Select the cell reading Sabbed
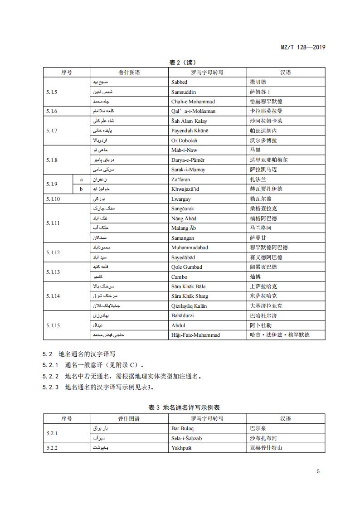click(179, 82)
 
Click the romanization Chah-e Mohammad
click(193, 102)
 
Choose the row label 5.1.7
click(52, 131)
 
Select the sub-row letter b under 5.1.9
click(81, 189)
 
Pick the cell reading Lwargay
click(181, 199)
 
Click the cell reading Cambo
click(179, 277)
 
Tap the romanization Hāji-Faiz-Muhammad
click(195, 335)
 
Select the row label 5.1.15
click(53, 325)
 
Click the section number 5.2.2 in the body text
click(50, 376)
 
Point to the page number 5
click(318, 471)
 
